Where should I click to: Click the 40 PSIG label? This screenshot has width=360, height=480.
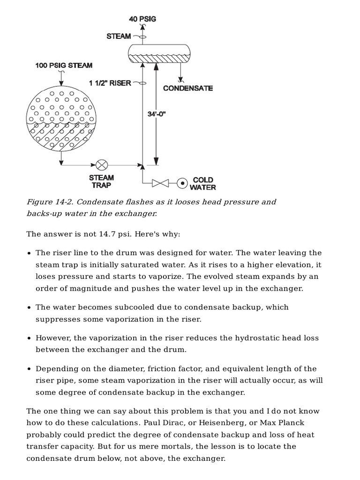coord(142,19)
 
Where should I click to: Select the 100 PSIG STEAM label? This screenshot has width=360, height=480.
coord(64,65)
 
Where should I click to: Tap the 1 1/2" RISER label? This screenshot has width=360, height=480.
coord(111,83)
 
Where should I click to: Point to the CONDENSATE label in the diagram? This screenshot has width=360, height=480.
coord(187,88)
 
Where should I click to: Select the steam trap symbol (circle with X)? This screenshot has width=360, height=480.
coord(102,165)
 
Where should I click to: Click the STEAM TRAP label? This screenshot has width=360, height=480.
coord(102,181)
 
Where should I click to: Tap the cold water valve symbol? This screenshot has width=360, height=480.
coord(160,183)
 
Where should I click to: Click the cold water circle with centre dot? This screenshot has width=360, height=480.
coord(182,183)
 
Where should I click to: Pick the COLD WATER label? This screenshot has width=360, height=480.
coord(203,183)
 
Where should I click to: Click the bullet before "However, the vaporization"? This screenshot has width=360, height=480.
coord(30,338)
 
